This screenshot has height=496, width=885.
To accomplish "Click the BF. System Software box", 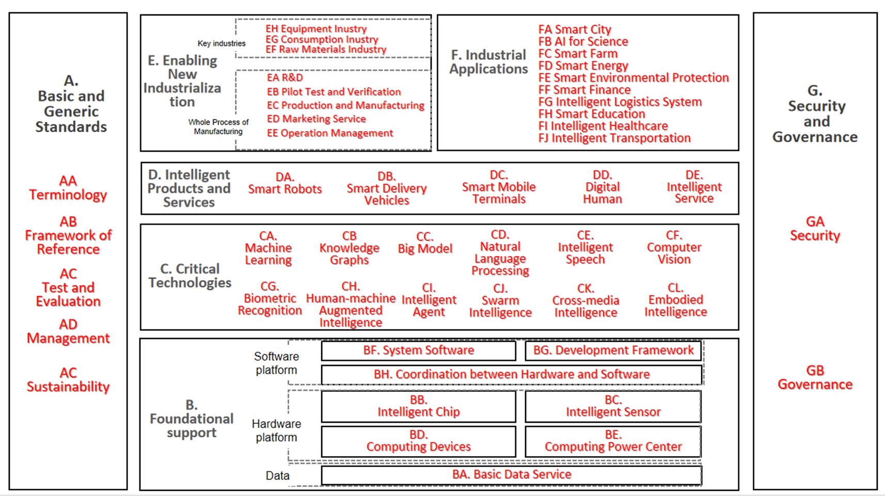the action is pos(418,350).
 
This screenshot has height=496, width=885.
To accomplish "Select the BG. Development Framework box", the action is pos(613,350).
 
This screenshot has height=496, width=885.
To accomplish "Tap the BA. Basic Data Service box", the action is pos(512,475).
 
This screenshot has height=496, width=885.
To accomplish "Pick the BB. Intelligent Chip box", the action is pos(418,406).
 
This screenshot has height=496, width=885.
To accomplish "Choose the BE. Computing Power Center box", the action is pos(613,441).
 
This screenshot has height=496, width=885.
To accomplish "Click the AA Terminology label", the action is pos(68,188).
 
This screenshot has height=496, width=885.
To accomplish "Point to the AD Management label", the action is pos(68,331).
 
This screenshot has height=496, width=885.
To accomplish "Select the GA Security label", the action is pos(815,229).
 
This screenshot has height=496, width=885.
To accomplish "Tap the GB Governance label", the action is pos(815,377).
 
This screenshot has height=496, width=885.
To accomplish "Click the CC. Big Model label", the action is pos(425,243).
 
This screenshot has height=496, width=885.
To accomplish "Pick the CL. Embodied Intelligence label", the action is pos(675,300).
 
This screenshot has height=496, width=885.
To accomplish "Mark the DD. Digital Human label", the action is pos(602,187).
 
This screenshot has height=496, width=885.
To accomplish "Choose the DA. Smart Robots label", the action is pos(285,183).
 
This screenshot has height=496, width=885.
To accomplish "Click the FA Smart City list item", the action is pos(575,29).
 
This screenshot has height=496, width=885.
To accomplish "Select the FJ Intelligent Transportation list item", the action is pos(614,138).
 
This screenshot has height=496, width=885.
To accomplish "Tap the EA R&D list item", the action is pos(285,78).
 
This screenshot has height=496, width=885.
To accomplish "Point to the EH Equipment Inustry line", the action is pos(316,29).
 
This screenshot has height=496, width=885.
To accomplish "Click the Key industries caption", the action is pos(221,43).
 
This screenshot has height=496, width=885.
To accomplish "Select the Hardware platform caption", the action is pos(276,431).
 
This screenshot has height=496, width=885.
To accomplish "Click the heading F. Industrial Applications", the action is pos(488,62).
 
